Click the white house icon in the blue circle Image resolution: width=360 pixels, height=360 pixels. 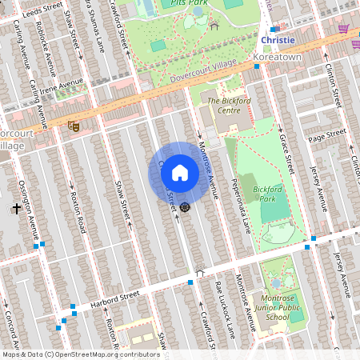[x=180, y=172]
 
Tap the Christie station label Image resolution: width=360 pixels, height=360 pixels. [x=278, y=39]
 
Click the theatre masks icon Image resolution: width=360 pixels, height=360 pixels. [x=73, y=125]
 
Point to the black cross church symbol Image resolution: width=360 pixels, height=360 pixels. [x=16, y=209]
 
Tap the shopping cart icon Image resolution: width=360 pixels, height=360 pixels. [x=343, y=29]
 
